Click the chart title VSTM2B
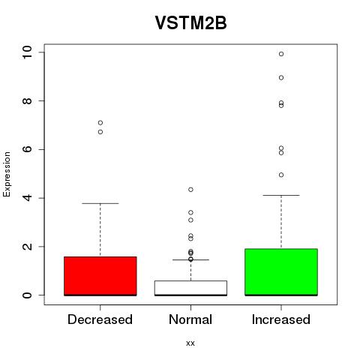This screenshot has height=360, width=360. click(190, 22)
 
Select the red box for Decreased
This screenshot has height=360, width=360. click(100, 276)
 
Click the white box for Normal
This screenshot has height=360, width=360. click(190, 288)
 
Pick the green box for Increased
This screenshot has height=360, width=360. click(281, 272)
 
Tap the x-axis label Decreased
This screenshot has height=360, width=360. click(100, 319)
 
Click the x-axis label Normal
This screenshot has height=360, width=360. click(190, 319)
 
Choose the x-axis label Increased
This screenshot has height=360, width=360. click(281, 319)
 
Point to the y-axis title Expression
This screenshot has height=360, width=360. click(7, 174)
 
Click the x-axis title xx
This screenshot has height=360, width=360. click(190, 343)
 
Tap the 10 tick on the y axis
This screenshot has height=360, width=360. click(27, 52)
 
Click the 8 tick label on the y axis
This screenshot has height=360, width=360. click(27, 100)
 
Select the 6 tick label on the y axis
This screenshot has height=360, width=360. click(27, 149)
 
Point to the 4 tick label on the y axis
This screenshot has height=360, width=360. click(27, 198)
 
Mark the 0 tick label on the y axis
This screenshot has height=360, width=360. click(27, 295)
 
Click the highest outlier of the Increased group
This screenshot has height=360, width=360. click(281, 54)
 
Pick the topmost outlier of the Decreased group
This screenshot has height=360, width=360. click(100, 123)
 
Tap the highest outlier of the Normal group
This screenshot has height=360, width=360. click(190, 190)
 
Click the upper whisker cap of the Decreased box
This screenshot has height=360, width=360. click(100, 203)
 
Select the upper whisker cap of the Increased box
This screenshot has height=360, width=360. click(281, 195)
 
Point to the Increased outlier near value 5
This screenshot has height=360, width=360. click(281, 175)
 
